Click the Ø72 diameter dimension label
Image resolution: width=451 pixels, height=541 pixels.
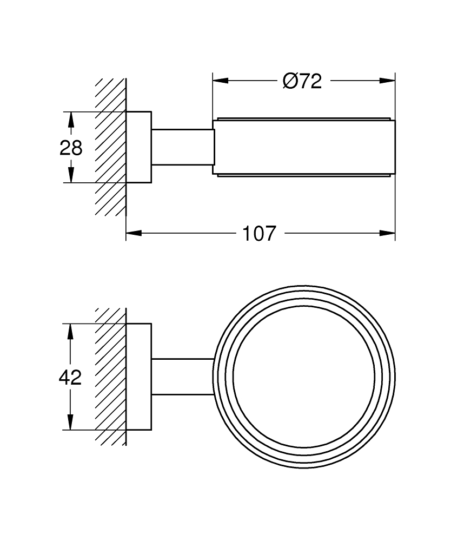tap(302, 82)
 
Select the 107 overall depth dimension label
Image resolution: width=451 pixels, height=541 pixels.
tap(259, 234)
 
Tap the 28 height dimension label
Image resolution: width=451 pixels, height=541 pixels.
tap(71, 148)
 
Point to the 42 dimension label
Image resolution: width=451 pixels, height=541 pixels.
tap(70, 377)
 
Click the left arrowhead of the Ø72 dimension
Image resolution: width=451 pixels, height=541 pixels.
tap(221, 81)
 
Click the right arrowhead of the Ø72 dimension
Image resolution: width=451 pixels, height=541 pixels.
tap(387, 81)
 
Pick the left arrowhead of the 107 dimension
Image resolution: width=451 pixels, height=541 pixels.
tap(134, 233)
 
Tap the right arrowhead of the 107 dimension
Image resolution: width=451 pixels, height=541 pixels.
tap(387, 233)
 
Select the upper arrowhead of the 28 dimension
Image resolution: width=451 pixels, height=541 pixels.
tap(71, 120)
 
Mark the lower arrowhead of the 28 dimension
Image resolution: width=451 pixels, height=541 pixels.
tap(71, 175)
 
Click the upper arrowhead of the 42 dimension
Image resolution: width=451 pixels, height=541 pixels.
tap(70, 332)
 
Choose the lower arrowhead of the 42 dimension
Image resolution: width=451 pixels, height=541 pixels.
tap(70, 422)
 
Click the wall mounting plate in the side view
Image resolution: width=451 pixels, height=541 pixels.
tap(139, 147)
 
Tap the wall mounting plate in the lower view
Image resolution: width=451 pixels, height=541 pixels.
tap(139, 377)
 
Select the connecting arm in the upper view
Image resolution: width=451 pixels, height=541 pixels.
tap(183, 147)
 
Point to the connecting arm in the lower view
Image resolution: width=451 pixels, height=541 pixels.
tap(183, 377)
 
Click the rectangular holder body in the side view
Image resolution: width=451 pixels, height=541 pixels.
tap(304, 147)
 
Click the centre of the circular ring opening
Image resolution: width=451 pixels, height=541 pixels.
tap(304, 377)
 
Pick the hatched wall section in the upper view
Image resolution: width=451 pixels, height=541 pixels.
tap(110, 147)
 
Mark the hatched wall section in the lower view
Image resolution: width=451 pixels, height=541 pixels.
tap(110, 377)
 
